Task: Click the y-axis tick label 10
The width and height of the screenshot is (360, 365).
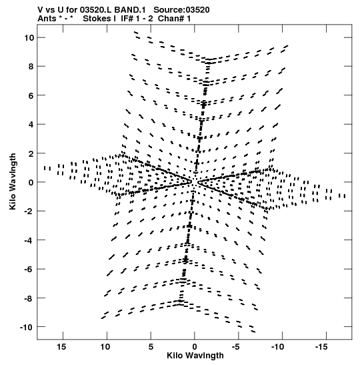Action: tap(29, 37)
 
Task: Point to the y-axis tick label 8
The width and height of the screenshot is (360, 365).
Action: tap(31, 66)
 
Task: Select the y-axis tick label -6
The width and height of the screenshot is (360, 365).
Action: tap(29, 269)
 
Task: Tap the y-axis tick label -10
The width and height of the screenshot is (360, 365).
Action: tap(27, 327)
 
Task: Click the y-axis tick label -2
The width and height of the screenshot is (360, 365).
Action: tap(29, 211)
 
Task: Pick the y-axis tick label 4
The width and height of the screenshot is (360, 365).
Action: tap(31, 124)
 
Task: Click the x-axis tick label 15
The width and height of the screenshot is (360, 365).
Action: tap(61, 346)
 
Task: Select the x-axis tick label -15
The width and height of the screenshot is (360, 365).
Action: tap(321, 346)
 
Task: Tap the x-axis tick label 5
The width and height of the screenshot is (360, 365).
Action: tap(151, 346)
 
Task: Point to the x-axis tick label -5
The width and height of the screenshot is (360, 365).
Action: tap(236, 346)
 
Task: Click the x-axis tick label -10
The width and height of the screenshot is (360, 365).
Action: tap(278, 346)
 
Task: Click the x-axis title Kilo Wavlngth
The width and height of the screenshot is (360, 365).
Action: tap(195, 355)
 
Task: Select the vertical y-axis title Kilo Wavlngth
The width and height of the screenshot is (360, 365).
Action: tap(13, 181)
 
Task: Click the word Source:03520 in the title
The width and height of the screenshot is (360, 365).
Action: tap(181, 10)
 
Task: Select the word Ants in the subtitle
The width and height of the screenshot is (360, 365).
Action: tap(47, 19)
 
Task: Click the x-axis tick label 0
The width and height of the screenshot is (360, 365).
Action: tap(195, 346)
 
